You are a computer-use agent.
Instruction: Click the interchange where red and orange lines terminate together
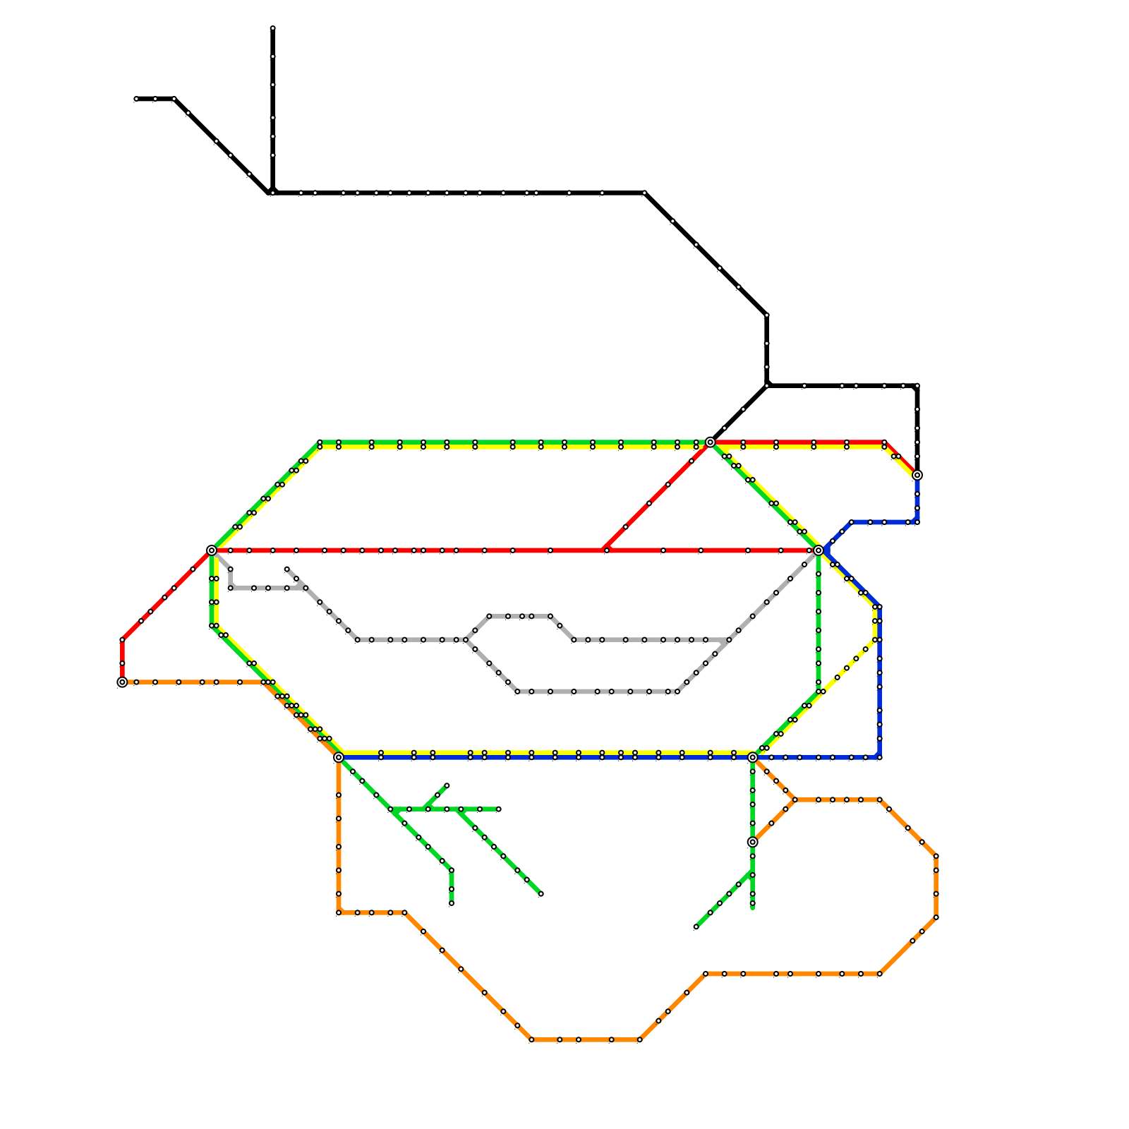click(122, 682)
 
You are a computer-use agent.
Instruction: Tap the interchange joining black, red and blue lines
click(917, 476)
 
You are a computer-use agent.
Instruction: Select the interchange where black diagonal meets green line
click(710, 442)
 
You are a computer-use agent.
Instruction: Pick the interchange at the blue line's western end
click(339, 757)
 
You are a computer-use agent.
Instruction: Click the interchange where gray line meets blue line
click(819, 550)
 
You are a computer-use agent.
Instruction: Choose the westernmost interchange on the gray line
click(212, 550)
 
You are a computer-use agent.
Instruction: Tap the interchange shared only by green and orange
click(753, 842)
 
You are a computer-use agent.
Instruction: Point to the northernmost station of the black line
click(272, 29)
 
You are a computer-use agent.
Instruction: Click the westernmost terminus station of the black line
click(136, 99)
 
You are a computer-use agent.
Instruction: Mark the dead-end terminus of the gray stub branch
click(286, 569)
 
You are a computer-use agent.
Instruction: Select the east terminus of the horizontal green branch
click(498, 809)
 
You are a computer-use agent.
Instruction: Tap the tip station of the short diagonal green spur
click(447, 785)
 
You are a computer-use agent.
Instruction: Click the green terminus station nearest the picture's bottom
click(696, 927)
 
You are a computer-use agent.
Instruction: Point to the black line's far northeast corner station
click(917, 386)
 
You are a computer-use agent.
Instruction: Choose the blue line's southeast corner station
click(879, 757)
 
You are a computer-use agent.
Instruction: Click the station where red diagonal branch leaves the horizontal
click(606, 550)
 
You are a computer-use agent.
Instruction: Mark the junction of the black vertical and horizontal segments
click(272, 193)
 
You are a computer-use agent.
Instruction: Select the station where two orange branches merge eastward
click(795, 799)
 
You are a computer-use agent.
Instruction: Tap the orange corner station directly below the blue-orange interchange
click(339, 912)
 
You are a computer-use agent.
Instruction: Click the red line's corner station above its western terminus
click(122, 640)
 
